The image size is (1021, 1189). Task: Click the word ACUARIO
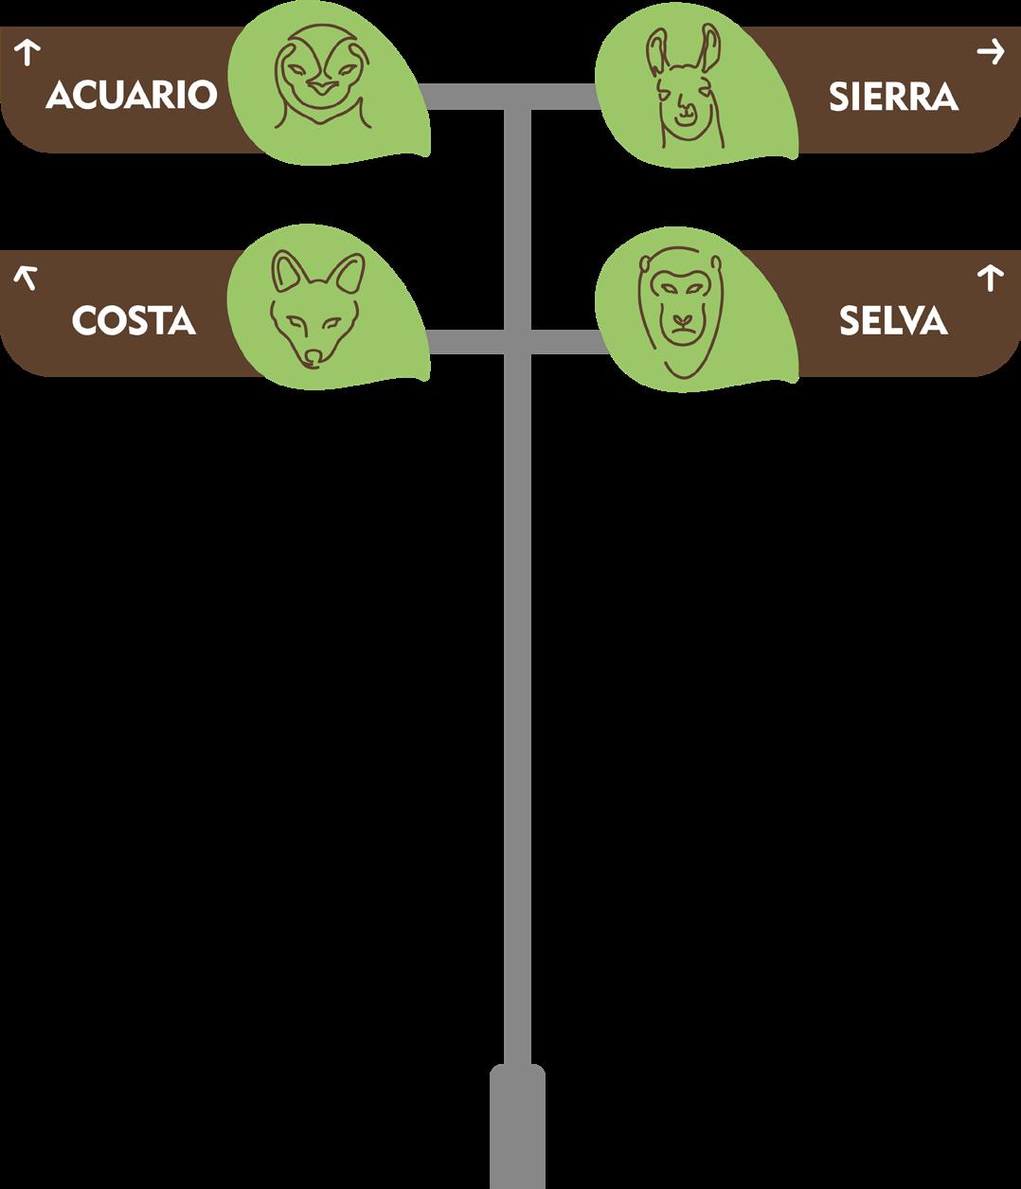131,96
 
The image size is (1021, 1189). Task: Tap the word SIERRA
892,98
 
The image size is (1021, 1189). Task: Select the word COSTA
134,321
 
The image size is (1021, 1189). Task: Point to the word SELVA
892,321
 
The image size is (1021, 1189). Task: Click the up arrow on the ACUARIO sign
27,52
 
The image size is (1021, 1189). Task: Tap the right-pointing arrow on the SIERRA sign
991,51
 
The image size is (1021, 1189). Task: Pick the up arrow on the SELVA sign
990,278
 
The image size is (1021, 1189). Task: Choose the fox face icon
315,308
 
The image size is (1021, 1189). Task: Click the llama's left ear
657,53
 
